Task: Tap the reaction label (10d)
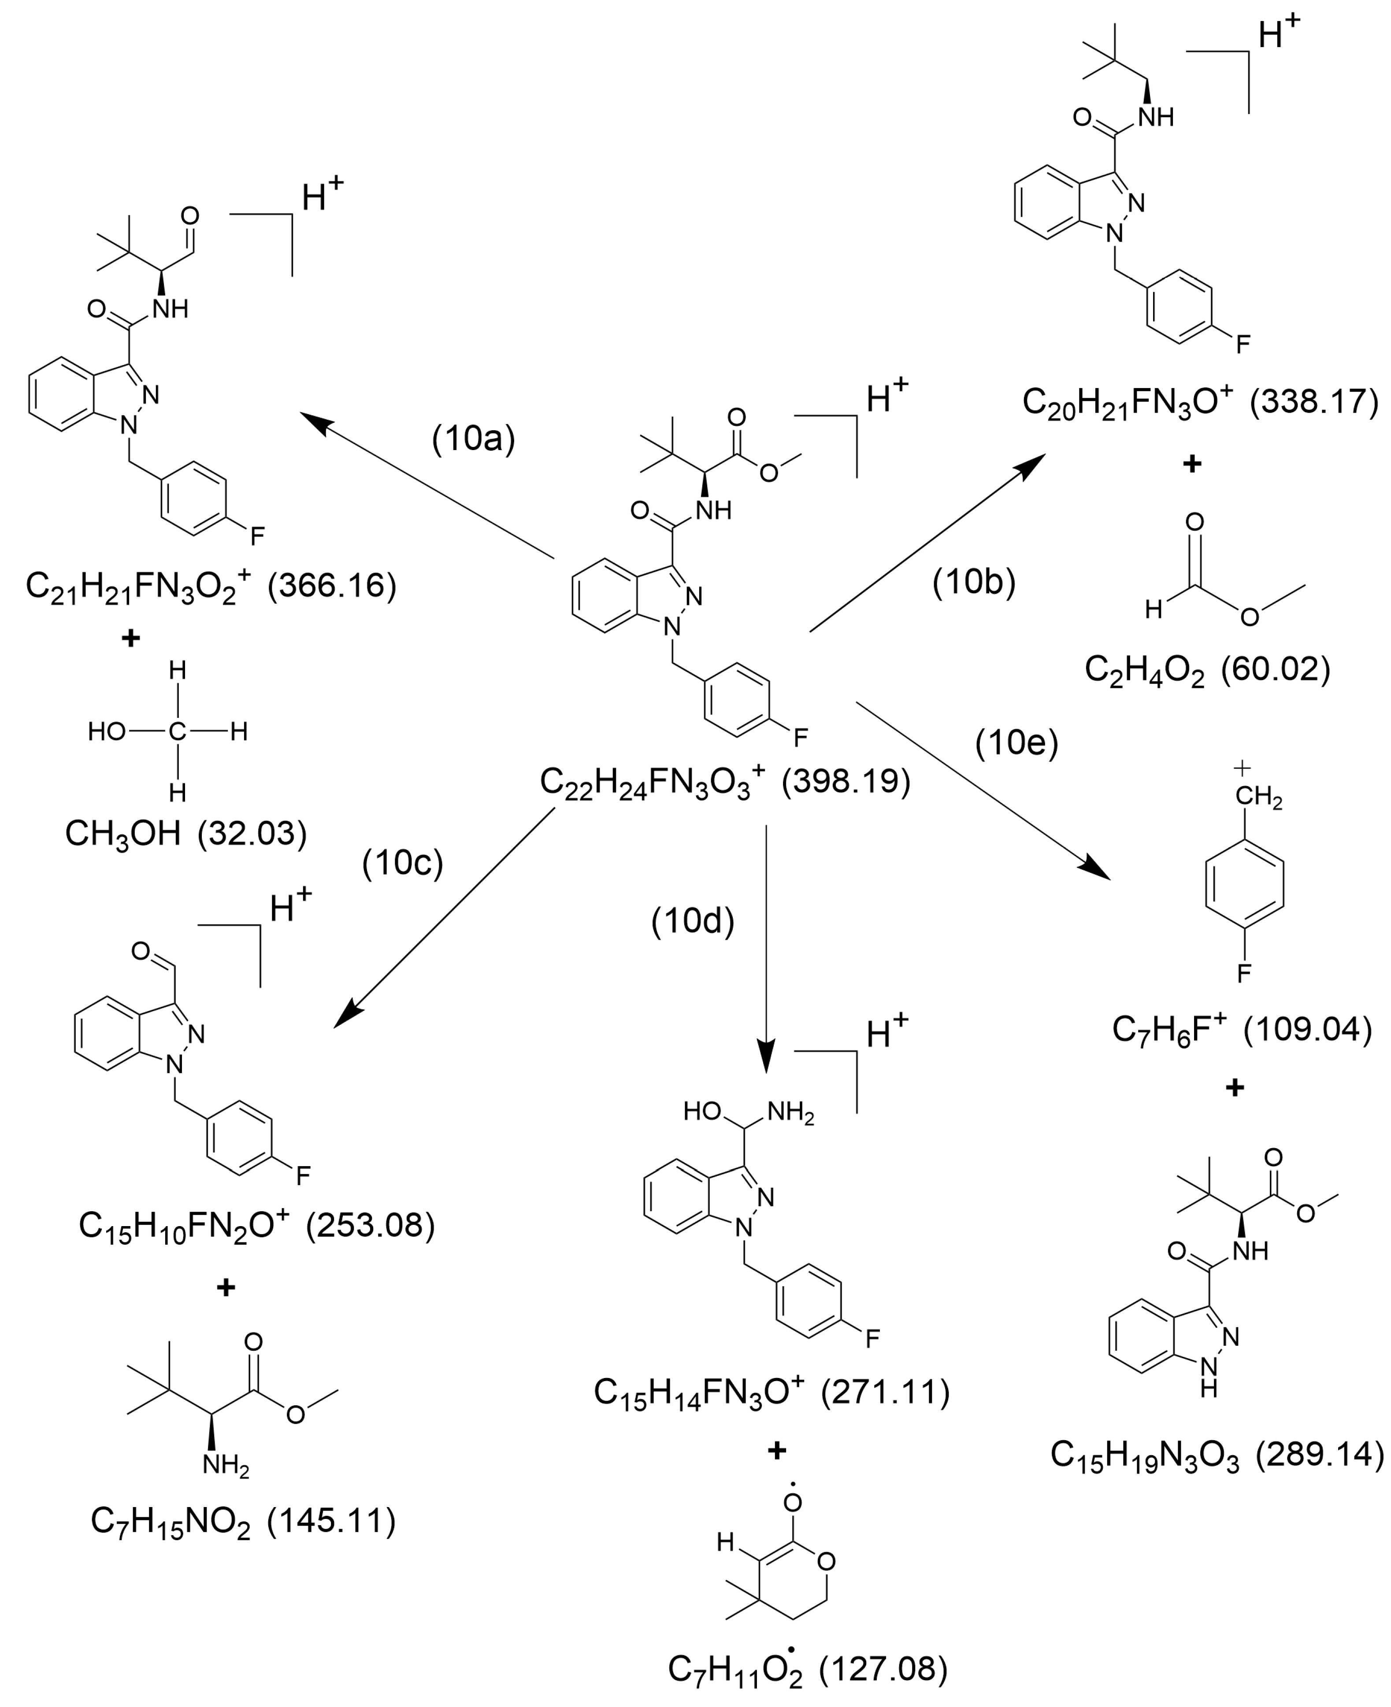[x=692, y=922]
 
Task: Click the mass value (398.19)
[x=846, y=781]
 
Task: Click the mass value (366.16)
[x=332, y=586]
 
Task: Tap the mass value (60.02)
[x=1275, y=669]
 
